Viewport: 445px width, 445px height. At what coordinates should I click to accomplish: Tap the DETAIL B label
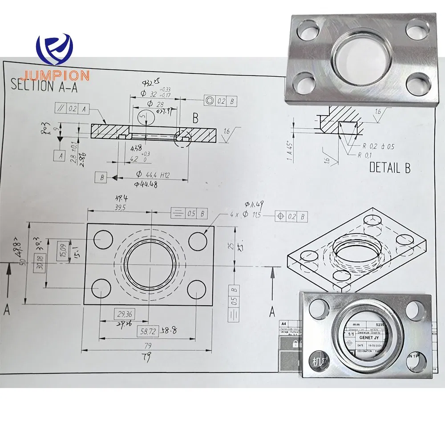tap(390, 167)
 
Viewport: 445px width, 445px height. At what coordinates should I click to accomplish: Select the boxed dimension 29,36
tap(118, 314)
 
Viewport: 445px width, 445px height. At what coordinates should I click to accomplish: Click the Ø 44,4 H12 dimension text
tap(153, 175)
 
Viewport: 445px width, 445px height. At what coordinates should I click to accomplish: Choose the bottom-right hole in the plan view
tap(196, 290)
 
